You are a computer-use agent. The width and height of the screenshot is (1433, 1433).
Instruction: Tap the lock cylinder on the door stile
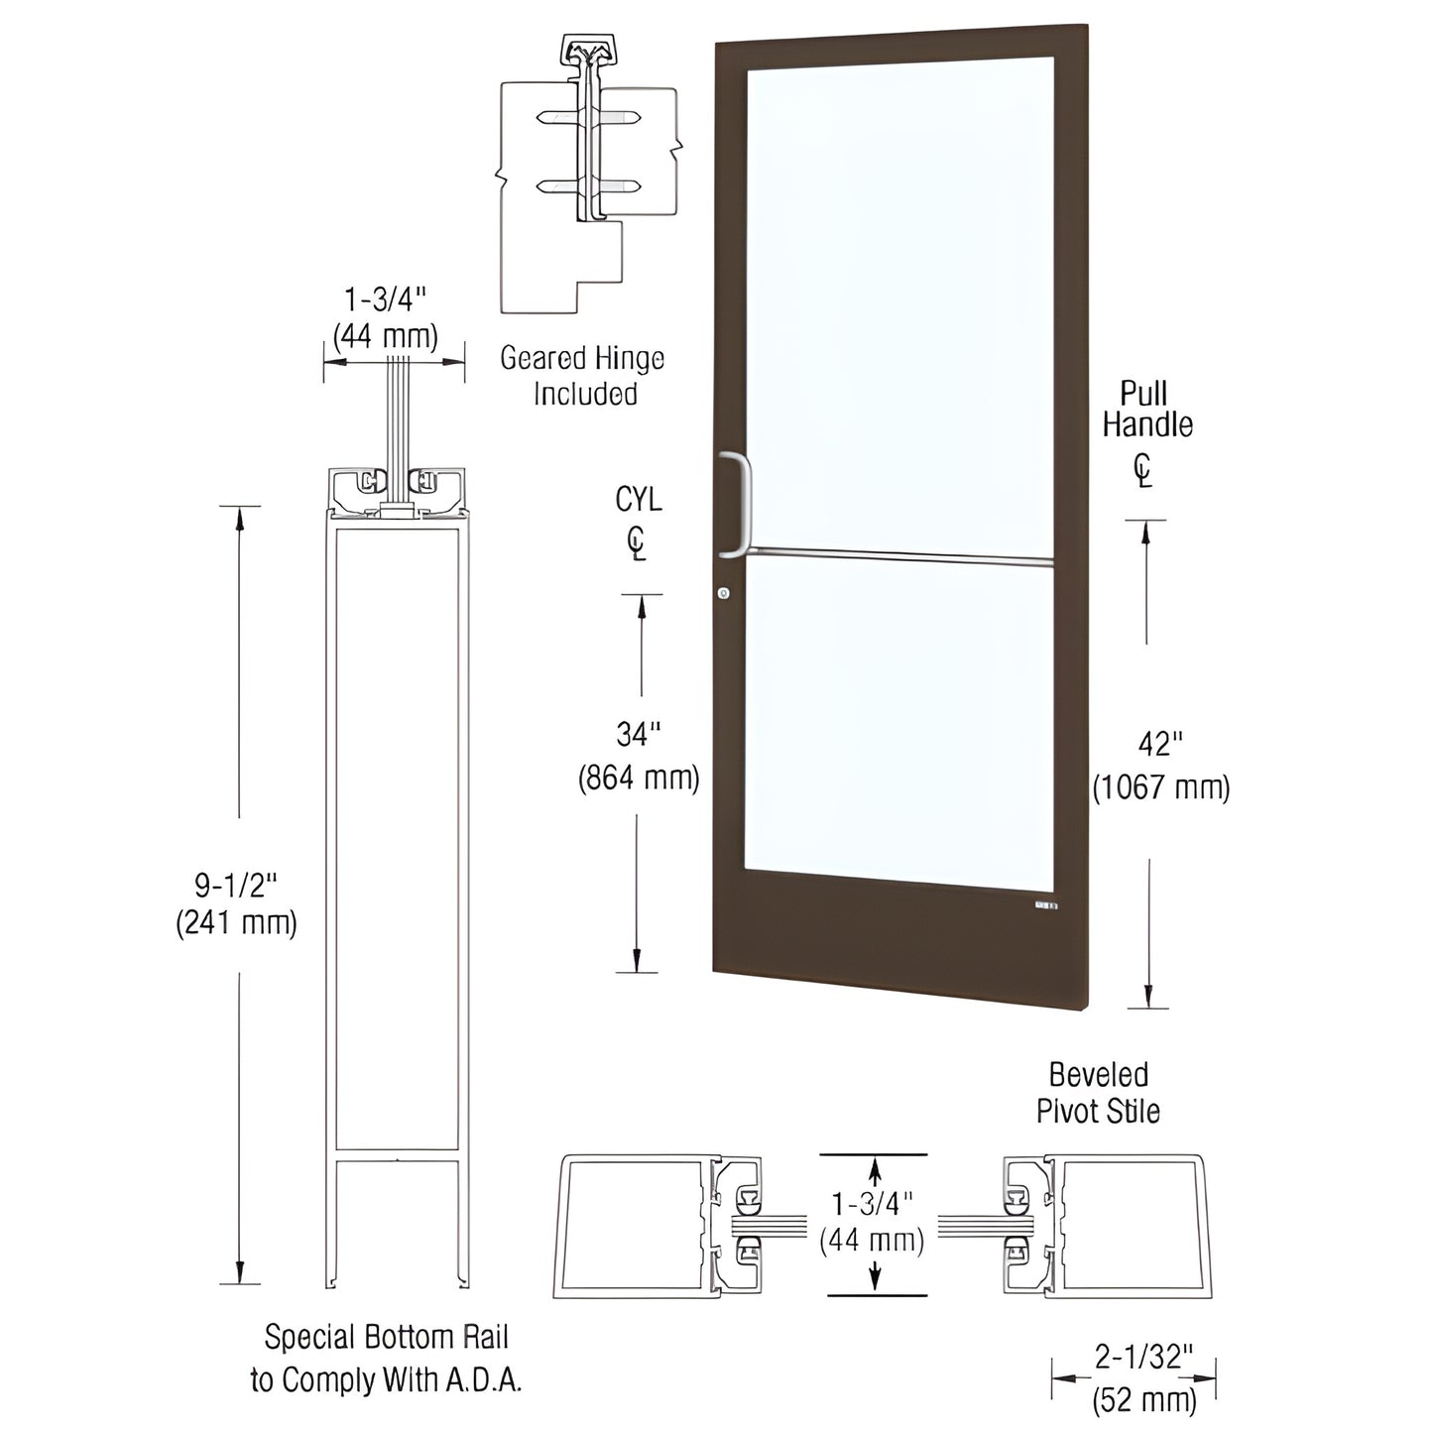pos(723,593)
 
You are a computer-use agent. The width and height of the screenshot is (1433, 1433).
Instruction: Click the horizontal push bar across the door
pos(897,557)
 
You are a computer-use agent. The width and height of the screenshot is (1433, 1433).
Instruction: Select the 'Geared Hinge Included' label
pos(582,376)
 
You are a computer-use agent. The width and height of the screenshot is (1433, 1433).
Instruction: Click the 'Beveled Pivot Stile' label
pos(1098,1093)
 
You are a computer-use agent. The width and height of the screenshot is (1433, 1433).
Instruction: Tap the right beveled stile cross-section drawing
pos(1107,1226)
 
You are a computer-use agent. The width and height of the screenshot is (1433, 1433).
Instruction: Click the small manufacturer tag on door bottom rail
pos(1046,905)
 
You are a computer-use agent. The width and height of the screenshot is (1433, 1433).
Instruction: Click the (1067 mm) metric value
pos(1161,788)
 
